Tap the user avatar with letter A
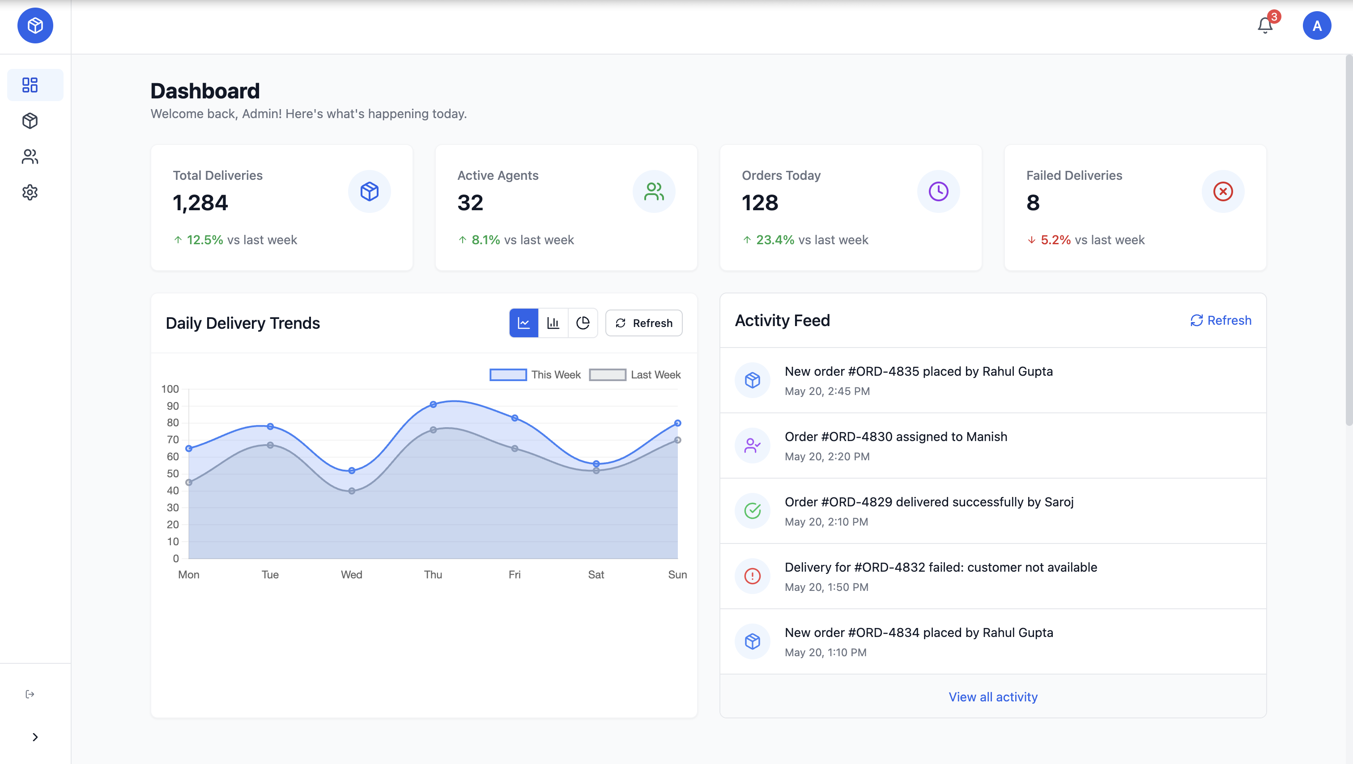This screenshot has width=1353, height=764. point(1316,26)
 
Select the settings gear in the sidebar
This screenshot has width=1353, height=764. point(30,192)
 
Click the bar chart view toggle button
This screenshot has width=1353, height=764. point(553,323)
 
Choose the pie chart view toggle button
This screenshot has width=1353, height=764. point(583,323)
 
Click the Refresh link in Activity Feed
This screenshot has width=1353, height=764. point(1221,320)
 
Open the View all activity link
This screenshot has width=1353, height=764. point(993,697)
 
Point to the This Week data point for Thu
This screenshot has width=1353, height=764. point(433,404)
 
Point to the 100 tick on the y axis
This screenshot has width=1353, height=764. point(170,389)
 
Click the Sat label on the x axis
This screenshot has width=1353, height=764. point(596,574)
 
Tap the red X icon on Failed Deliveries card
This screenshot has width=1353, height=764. point(1223,191)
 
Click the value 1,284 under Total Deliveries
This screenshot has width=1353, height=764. point(200,203)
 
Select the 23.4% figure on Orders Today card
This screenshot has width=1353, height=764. point(775,240)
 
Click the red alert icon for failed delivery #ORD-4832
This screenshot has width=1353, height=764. point(752,576)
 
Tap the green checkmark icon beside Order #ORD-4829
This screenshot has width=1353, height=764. point(752,510)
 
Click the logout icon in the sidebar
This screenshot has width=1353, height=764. point(30,694)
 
